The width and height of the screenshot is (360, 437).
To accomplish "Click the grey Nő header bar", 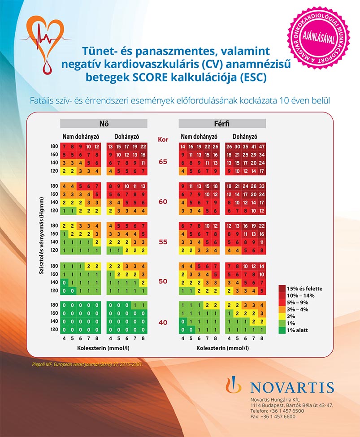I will tap(104, 123).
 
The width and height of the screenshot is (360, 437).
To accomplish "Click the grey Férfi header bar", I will tap(222, 123).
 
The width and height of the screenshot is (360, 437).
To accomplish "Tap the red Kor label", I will tap(163, 139).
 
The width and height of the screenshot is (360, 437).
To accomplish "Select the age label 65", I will tap(163, 161).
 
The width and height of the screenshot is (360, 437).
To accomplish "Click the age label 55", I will tap(163, 242).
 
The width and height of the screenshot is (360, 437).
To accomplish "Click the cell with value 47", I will tap(262, 147).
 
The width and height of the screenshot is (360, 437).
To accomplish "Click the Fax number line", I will tap(273, 416).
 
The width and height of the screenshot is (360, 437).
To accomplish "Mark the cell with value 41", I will tap(254, 147).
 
